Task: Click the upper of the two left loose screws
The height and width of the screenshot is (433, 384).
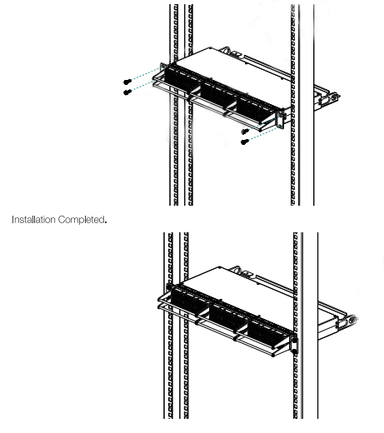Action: point(127,82)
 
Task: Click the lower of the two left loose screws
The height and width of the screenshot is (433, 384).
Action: point(127,92)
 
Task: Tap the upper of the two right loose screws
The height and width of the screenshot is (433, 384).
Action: point(245,131)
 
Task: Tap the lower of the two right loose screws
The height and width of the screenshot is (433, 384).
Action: point(244,142)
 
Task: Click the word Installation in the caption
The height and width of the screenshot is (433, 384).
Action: point(33,220)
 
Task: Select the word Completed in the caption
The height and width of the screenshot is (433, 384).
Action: point(82,220)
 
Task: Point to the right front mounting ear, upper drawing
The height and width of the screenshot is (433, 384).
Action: point(281,118)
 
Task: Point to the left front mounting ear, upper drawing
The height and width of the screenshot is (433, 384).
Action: point(163,68)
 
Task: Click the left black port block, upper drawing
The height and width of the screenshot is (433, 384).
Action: point(180,80)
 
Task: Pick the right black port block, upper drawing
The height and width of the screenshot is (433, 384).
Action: point(256,111)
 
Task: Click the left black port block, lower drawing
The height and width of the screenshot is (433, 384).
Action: point(188,301)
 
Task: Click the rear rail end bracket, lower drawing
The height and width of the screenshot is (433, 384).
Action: point(347,321)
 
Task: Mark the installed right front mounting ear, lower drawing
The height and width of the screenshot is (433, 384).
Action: point(295,344)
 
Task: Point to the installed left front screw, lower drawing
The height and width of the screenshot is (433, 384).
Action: point(169,286)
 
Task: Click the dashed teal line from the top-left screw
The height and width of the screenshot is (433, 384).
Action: point(146,73)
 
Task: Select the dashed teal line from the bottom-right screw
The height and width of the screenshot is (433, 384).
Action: point(262,134)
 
